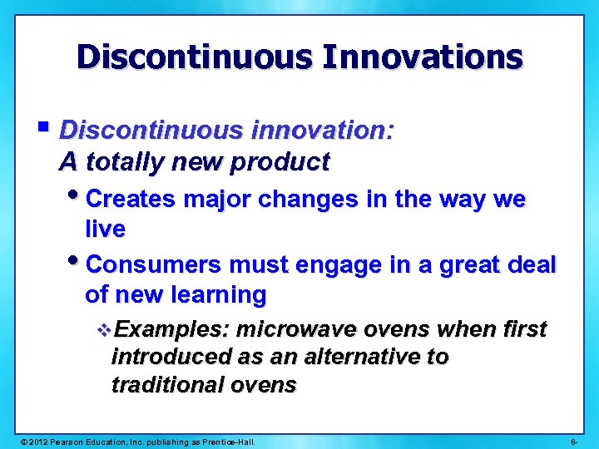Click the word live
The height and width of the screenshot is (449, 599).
105,229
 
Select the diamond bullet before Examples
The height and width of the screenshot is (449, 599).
103,330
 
